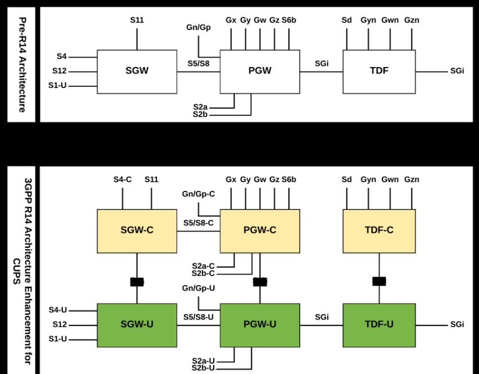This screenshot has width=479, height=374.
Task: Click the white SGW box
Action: (137, 72)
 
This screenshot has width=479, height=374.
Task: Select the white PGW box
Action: (260, 72)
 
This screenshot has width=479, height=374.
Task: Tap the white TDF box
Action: (379, 72)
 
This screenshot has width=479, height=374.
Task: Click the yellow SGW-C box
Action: (137, 230)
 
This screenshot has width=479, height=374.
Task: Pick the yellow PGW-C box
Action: (260, 230)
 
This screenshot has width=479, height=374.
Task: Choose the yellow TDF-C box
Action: (379, 230)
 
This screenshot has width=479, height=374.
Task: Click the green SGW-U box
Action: (137, 324)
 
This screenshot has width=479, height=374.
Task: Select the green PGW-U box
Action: (260, 324)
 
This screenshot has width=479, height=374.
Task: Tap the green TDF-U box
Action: (379, 324)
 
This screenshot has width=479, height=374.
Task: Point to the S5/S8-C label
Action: (198, 223)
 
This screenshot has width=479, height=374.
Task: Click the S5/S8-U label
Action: (198, 317)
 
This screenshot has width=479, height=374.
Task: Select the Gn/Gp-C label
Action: (198, 194)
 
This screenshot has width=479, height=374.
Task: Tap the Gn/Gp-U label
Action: (198, 288)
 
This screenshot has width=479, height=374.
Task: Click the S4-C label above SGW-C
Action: (122, 180)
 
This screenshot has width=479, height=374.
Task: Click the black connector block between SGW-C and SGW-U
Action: (137, 282)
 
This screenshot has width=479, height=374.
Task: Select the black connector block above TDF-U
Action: (379, 282)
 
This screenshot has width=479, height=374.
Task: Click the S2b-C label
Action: (203, 273)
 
